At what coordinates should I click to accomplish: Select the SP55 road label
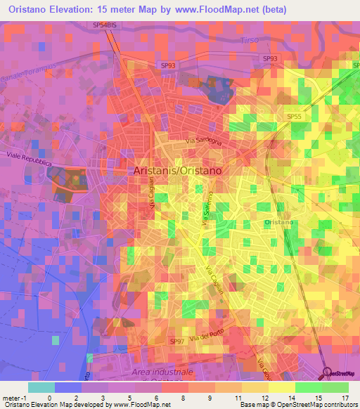(294, 116)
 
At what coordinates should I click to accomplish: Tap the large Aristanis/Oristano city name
(178, 171)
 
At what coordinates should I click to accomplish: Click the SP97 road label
(177, 341)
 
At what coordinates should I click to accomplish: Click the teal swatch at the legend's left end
(41, 387)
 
